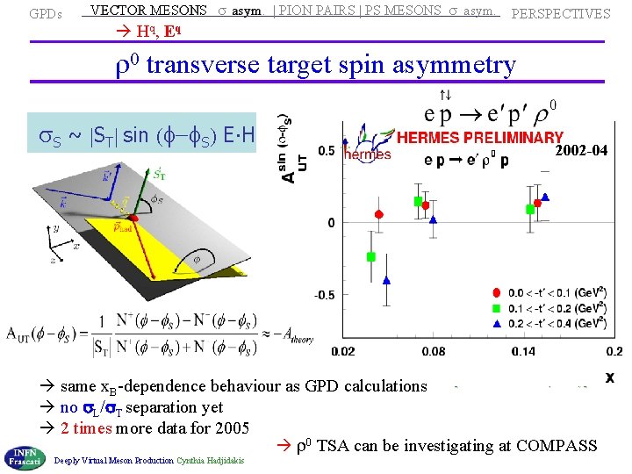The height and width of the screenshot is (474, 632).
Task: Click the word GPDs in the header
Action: click(x=45, y=14)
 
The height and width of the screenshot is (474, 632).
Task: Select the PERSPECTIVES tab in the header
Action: click(x=560, y=14)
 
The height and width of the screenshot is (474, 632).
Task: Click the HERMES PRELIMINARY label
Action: click(x=479, y=137)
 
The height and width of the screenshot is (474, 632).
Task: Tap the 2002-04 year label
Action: click(x=581, y=152)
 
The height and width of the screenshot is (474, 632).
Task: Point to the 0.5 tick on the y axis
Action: click(x=326, y=151)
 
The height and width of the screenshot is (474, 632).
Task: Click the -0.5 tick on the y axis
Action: click(x=324, y=295)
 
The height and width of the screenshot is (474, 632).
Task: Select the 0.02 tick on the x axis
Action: click(x=343, y=352)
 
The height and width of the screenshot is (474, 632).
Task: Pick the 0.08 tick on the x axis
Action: click(x=433, y=352)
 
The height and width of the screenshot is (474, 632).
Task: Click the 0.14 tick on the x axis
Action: click(x=523, y=352)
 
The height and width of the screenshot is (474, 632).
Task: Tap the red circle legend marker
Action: click(x=497, y=292)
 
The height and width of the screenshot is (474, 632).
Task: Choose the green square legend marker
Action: click(x=497, y=307)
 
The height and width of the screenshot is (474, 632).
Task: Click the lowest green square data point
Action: click(x=371, y=256)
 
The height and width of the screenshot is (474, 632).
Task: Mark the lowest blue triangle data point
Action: click(x=386, y=281)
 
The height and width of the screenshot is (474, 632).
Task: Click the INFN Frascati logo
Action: click(x=25, y=455)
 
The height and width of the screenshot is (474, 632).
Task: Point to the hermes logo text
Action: click(x=367, y=154)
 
